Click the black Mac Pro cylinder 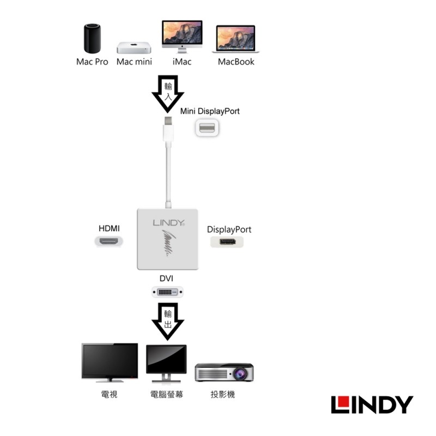click(92, 38)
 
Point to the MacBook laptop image click(237, 40)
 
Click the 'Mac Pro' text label click(92, 62)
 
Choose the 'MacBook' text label click(236, 62)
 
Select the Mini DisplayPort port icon click(207, 128)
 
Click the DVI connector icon click(167, 293)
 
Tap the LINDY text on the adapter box click(169, 223)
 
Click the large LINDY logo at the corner click(372, 404)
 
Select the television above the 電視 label click(110, 362)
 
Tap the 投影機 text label click(222, 394)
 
